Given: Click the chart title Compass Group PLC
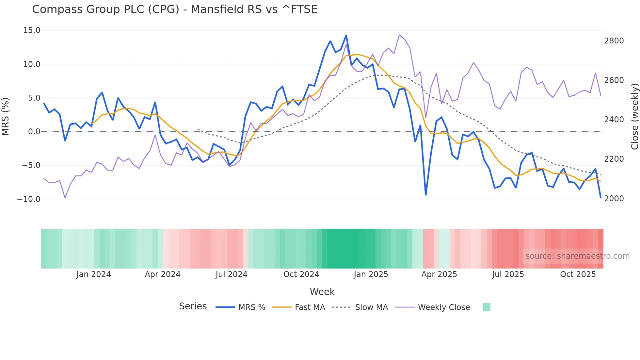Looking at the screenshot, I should [x=174, y=9].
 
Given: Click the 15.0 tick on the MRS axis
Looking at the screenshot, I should [x=32, y=30].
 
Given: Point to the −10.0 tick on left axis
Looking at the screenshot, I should [x=29, y=199].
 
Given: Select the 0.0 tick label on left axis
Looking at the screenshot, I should [x=34, y=132].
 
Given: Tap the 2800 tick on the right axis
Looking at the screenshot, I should [x=614, y=41].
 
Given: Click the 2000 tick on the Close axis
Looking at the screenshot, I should [x=614, y=199].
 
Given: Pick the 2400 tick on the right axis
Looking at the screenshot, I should [x=614, y=120].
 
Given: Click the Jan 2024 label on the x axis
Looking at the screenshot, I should [x=94, y=274].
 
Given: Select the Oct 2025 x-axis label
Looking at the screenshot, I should [x=578, y=274].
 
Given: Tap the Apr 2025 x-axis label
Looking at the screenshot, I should [x=439, y=274].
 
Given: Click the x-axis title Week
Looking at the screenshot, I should [x=322, y=292].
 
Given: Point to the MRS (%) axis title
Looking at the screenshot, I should [x=6, y=117].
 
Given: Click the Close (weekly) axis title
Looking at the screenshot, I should [x=634, y=117].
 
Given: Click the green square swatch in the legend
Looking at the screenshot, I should [x=486, y=307].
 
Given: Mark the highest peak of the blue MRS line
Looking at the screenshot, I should [x=346, y=36].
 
